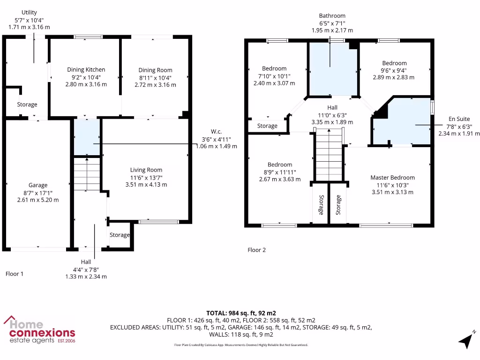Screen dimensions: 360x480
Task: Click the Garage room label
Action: coord(37,185)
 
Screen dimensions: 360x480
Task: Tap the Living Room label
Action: coord(146,170)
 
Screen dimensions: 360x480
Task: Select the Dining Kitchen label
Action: coord(86,70)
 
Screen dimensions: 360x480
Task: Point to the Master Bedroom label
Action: coord(392,178)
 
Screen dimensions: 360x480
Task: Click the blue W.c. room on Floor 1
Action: coord(87,137)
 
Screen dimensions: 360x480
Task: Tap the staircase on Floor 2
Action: coord(330,157)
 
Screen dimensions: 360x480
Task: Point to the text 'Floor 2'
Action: coord(256,250)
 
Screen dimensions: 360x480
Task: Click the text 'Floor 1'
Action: coord(15,274)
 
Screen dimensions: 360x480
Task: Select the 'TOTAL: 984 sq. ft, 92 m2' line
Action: coord(241,313)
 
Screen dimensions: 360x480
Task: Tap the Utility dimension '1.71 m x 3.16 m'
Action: coord(29,27)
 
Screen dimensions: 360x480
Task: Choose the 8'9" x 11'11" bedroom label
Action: coord(280,165)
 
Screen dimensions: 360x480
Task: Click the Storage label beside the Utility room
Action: coord(27,105)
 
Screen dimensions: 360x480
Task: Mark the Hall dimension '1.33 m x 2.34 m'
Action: coord(86,276)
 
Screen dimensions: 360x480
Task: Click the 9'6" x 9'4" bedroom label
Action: coord(394,63)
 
